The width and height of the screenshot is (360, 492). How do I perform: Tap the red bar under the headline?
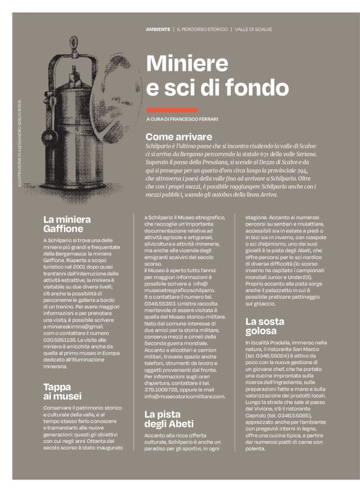click(x=172, y=109)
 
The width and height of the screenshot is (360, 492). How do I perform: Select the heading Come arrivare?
click(x=179, y=136)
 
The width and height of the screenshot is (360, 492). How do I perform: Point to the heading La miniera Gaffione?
click(x=67, y=224)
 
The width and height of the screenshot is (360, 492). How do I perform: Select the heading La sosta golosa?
click(x=264, y=326)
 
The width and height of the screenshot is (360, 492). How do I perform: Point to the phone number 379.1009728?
click(x=161, y=389)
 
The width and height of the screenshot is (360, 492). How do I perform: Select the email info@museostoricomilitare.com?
click(x=184, y=396)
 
